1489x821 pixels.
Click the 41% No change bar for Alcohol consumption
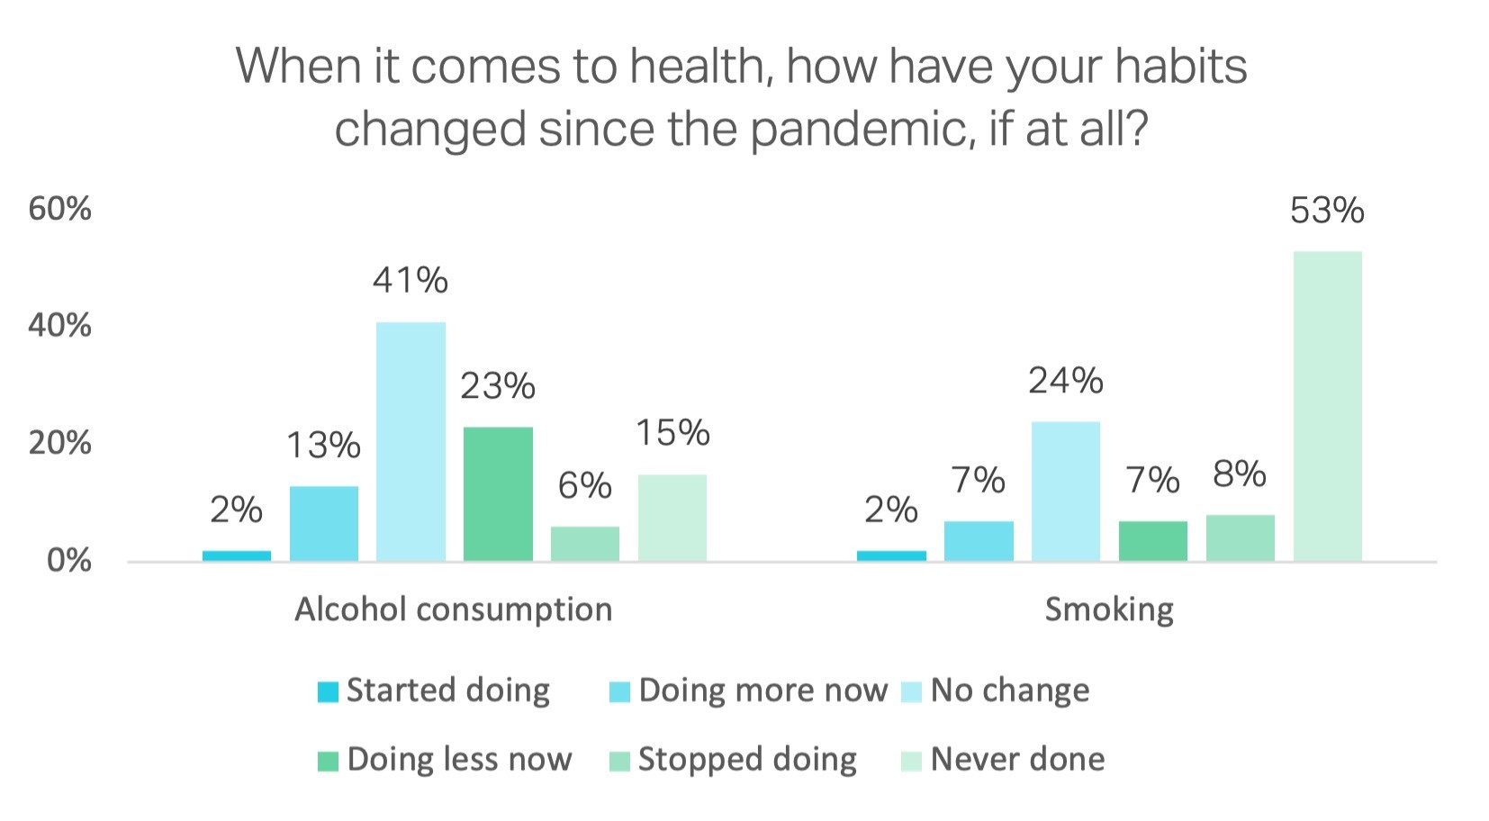pos(411,441)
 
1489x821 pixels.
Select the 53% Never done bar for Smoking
pos(1327,406)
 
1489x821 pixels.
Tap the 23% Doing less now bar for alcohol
pos(498,493)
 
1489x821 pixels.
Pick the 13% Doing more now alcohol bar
pos(323,523)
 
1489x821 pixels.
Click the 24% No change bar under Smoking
pos(1065,491)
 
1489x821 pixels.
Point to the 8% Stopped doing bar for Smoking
pos(1240,537)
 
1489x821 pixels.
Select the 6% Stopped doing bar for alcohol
pos(585,543)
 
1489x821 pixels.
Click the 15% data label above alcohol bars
pos(672,433)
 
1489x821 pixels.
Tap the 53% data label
pos(1327,211)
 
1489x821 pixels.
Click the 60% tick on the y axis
pos(60,210)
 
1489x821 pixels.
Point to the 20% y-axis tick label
pos(60,443)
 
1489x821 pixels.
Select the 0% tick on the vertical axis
pos(68,561)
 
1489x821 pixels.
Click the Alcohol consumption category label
pos(454,609)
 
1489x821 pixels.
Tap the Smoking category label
pos(1109,609)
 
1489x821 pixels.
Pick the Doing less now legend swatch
pos(328,761)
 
